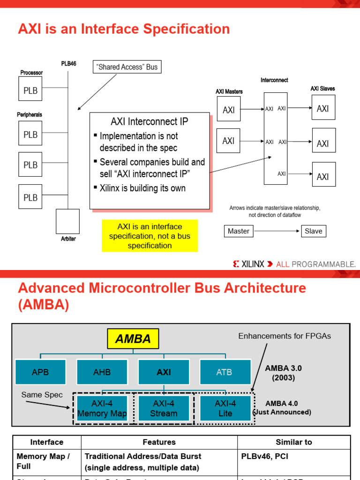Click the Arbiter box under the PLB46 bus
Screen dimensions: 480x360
pyautogui.click(x=67, y=221)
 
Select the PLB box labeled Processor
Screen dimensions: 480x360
pyautogui.click(x=30, y=90)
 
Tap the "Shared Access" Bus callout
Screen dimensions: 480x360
pyautogui.click(x=127, y=67)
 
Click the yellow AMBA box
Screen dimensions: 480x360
pyautogui.click(x=133, y=339)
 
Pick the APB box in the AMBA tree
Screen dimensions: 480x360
pyautogui.click(x=40, y=372)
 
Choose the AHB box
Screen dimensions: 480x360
pyautogui.click(x=102, y=372)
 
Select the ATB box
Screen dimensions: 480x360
pyautogui.click(x=224, y=372)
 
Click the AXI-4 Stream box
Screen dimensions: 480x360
pyautogui.click(x=164, y=408)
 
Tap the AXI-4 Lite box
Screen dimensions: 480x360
pyautogui.click(x=225, y=408)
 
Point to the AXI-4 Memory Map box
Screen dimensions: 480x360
pyautogui.click(x=102, y=408)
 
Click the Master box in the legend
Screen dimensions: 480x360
pyautogui.click(x=238, y=231)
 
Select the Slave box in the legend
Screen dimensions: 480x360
pyautogui.click(x=314, y=231)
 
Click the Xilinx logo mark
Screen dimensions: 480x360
pyautogui.click(x=236, y=264)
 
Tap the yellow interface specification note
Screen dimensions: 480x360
pyautogui.click(x=150, y=236)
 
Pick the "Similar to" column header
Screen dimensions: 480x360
pyautogui.click(x=294, y=442)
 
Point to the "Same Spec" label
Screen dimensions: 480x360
pyautogui.click(x=42, y=395)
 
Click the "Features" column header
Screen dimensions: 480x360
pyautogui.click(x=159, y=442)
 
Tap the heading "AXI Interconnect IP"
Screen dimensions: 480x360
pyautogui.click(x=150, y=121)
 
